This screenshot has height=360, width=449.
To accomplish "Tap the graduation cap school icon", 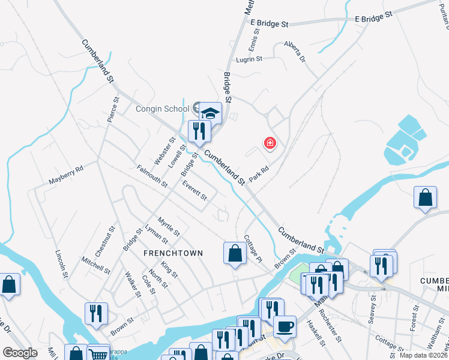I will (x=211, y=112).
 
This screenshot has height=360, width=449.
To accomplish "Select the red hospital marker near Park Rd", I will (x=270, y=143).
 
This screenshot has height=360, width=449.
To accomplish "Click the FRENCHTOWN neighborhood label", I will (x=173, y=253).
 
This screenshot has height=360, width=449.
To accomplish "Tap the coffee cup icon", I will (x=285, y=327).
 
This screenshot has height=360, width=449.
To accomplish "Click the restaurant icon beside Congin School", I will (x=199, y=131).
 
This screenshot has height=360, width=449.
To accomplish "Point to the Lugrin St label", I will (x=249, y=59).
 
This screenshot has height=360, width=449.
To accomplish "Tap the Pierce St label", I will (x=112, y=108).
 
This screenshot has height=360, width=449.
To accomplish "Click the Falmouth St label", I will (x=151, y=176).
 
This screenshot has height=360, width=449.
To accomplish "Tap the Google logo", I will (x=20, y=353).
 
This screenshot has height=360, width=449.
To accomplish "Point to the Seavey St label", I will (x=372, y=313).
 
